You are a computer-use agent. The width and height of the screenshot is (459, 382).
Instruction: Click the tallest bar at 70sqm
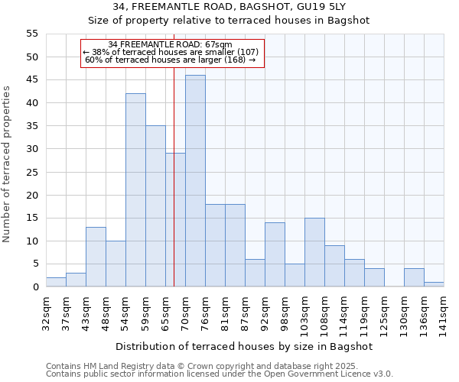[195, 181]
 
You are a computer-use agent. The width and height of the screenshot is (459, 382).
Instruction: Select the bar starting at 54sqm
[135, 190]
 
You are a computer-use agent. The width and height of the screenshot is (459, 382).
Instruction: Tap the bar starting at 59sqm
[155, 206]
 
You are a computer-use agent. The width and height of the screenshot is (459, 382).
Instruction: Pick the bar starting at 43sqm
[96, 257]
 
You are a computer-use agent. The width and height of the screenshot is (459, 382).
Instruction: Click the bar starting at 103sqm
[314, 252]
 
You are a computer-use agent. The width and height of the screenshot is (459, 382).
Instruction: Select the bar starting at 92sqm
[275, 254]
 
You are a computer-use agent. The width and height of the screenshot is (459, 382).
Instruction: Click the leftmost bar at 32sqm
[56, 282]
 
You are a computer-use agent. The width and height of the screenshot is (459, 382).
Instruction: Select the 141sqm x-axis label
[444, 310]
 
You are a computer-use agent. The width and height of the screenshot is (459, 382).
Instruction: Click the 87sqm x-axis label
[246, 310]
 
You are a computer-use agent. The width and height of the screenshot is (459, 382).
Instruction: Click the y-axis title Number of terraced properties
[7, 164]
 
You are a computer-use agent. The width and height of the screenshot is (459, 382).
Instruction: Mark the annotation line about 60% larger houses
[171, 60]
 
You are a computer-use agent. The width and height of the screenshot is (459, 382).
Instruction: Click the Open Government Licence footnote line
[220, 374]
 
